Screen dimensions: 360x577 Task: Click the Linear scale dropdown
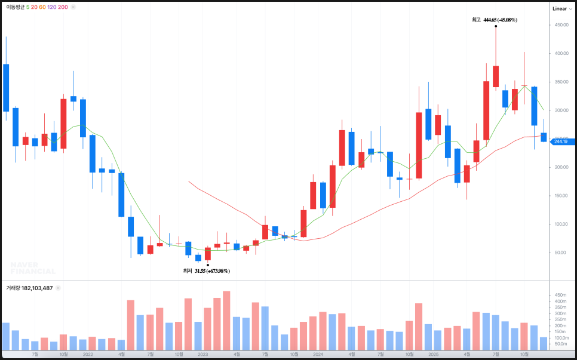pos(562,8)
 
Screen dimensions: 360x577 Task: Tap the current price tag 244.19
pos(562,141)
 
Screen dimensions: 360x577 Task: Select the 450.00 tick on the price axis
pos(561,25)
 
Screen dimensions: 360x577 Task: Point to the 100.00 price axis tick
pos(561,224)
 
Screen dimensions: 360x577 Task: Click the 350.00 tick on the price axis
pos(561,82)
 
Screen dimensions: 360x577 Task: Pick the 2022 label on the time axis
pos(88,354)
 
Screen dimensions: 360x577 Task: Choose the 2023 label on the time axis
pos(203,354)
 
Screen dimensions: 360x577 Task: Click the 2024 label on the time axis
pos(318,354)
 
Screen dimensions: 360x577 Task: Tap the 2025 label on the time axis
pos(433,354)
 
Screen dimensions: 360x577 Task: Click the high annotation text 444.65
pos(500,20)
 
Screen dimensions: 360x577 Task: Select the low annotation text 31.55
pos(212,271)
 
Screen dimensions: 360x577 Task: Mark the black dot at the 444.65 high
pos(496,27)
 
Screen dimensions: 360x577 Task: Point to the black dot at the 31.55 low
pos(207,264)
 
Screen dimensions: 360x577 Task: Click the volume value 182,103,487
pos(38,288)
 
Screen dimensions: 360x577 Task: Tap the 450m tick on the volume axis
pos(560,296)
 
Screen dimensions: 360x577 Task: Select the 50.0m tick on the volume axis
pos(560,344)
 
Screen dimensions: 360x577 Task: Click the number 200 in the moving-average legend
pos(63,7)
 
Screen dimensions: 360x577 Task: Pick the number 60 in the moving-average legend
pos(42,7)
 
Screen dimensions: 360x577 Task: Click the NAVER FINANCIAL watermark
pos(33,267)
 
